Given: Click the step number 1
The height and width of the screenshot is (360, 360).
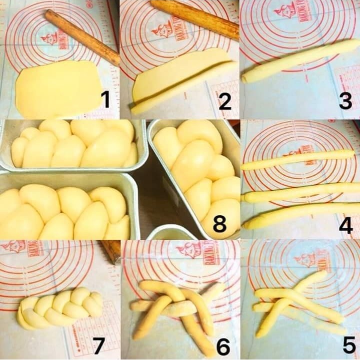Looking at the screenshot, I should tap(104, 99).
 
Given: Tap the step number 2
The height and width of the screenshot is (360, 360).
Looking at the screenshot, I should tap(224, 101).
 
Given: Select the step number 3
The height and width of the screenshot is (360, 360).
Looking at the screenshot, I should tap(345, 101).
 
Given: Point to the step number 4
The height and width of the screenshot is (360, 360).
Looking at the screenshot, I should tap(345, 225).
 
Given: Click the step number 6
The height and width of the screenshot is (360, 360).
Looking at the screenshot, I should tap(223, 345).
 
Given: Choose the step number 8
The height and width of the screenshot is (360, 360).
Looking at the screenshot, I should tap(219, 225).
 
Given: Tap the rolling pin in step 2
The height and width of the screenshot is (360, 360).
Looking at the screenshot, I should tap(195, 18).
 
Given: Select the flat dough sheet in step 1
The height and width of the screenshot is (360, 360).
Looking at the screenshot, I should tap(57, 89).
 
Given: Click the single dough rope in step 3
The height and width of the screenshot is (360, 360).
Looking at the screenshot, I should tap(300, 61).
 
